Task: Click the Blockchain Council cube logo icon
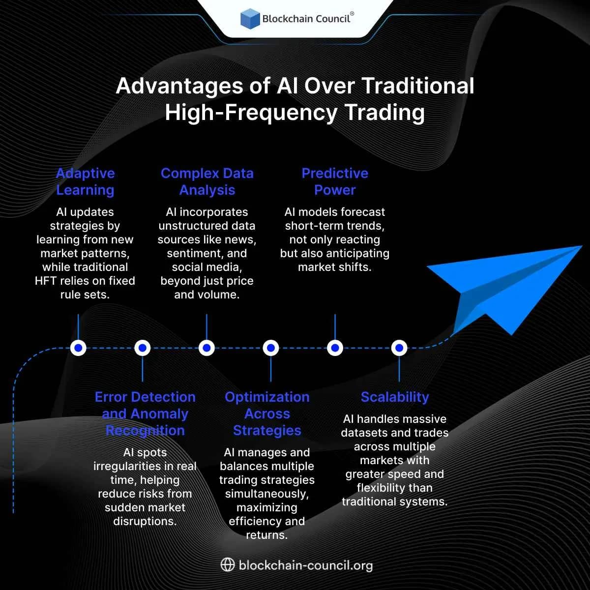click(250, 19)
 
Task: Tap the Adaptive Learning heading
click(85, 181)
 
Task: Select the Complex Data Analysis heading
click(207, 181)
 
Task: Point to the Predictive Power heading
click(335, 181)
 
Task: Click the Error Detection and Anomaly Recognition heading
click(145, 413)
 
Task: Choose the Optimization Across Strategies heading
click(267, 413)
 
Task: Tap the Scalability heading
click(395, 397)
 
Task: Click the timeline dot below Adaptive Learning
click(78, 348)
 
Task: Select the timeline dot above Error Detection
click(143, 348)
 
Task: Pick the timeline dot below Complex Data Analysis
click(206, 348)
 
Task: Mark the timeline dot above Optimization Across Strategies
click(271, 348)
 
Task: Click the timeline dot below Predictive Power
click(335, 348)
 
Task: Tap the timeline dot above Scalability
click(399, 348)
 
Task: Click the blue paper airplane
click(501, 285)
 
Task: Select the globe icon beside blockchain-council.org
click(227, 564)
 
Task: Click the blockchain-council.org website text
click(305, 565)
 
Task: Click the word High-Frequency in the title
click(251, 113)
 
